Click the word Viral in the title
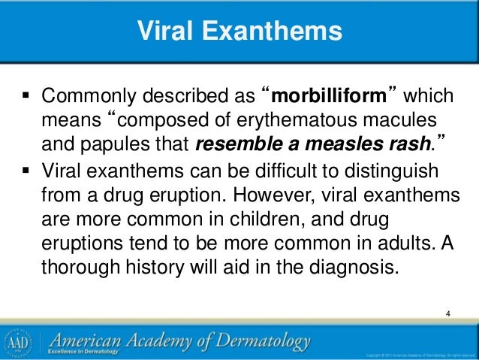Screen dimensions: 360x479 click(169, 32)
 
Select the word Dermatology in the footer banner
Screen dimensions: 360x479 click(263, 340)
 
